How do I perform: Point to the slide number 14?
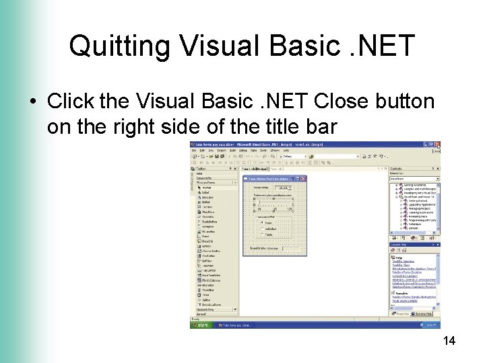tap(449, 341)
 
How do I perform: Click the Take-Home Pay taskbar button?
tap(235, 324)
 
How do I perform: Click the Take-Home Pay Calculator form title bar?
tap(269, 179)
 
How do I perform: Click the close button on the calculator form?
tap(304, 179)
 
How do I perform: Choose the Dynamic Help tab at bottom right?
tap(423, 314)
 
